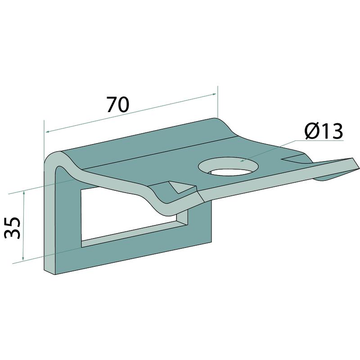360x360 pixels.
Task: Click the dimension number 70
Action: [x=118, y=104]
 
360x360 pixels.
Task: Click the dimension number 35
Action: [x=13, y=228]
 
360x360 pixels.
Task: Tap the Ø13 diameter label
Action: [x=324, y=131]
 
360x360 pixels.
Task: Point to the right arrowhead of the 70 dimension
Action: [x=214, y=94]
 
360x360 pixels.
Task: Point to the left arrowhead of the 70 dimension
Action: [x=48, y=132]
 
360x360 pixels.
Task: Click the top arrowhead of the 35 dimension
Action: [x=24, y=193]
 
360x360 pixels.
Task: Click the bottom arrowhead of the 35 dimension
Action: [x=23, y=258]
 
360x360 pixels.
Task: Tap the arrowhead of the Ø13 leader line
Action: [x=242, y=161]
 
